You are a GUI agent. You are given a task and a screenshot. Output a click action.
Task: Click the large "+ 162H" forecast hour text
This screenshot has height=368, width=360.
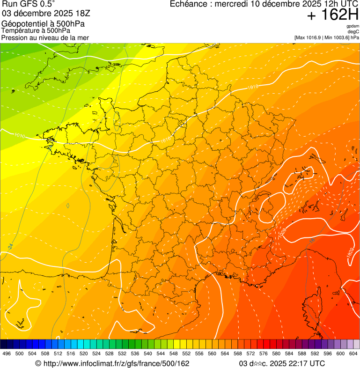(333, 15)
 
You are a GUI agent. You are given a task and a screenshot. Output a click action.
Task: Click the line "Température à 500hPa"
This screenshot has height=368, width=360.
(36, 30)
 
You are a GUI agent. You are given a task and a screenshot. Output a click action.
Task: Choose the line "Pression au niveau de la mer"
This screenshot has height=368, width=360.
(45, 37)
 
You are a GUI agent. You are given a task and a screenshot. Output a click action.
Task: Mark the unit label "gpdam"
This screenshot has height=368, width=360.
(353, 26)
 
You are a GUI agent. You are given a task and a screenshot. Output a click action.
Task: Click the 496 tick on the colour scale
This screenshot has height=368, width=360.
(7, 353)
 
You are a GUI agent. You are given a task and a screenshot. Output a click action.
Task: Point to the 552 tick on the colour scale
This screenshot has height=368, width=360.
(186, 353)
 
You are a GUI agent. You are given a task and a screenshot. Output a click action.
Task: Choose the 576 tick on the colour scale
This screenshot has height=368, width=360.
(263, 353)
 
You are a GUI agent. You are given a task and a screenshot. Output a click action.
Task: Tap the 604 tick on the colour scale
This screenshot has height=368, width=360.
(353, 353)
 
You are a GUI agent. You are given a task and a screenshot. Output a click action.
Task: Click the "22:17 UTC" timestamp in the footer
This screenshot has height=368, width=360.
(304, 363)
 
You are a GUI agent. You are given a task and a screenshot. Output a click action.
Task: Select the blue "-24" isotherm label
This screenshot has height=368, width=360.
(10, 245)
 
